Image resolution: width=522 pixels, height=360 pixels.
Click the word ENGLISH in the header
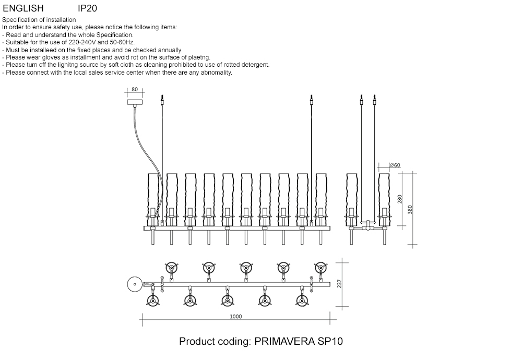tap(23, 9)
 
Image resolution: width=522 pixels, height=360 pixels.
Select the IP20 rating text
tap(87, 9)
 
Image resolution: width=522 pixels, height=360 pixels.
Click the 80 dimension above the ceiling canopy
tap(135, 89)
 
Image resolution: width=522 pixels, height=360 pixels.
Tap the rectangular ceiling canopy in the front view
tap(135, 102)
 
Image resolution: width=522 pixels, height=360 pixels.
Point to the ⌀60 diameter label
tap(395, 165)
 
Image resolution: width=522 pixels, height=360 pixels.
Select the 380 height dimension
tap(410, 209)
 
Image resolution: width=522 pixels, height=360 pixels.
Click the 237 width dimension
tap(340, 283)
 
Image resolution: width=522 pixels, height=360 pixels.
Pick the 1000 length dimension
tap(235, 317)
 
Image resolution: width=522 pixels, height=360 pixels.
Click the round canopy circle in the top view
tap(134, 284)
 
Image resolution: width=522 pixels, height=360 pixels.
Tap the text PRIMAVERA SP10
tap(299, 342)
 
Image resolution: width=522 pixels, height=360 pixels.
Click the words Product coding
tap(215, 342)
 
